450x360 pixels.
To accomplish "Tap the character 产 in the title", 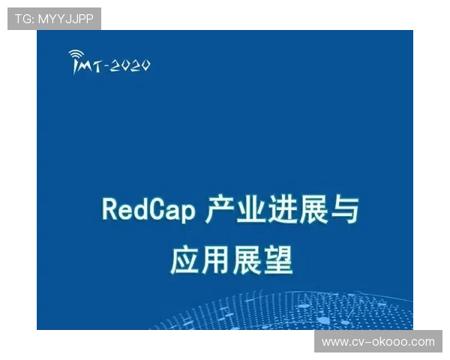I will (220, 210).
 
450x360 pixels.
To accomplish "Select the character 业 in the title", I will (256, 210).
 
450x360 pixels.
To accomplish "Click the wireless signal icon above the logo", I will (76, 55).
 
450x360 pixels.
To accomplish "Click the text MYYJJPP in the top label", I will (66, 19).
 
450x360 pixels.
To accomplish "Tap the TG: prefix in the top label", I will (24, 19).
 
